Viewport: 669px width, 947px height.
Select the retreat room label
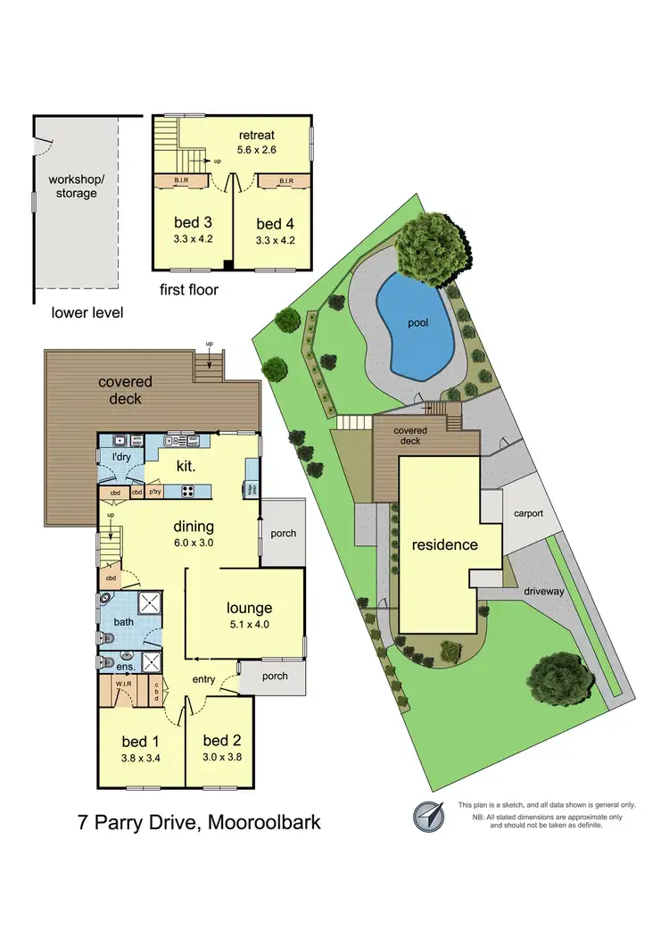tap(256, 135)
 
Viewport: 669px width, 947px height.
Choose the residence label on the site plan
tap(444, 544)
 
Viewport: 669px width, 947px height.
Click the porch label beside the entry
tap(275, 676)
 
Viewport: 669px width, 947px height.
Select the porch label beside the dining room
tap(283, 534)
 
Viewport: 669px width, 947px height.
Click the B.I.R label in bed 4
tap(286, 181)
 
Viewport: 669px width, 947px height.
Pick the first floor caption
tap(189, 289)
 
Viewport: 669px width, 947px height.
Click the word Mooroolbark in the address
tap(264, 820)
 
